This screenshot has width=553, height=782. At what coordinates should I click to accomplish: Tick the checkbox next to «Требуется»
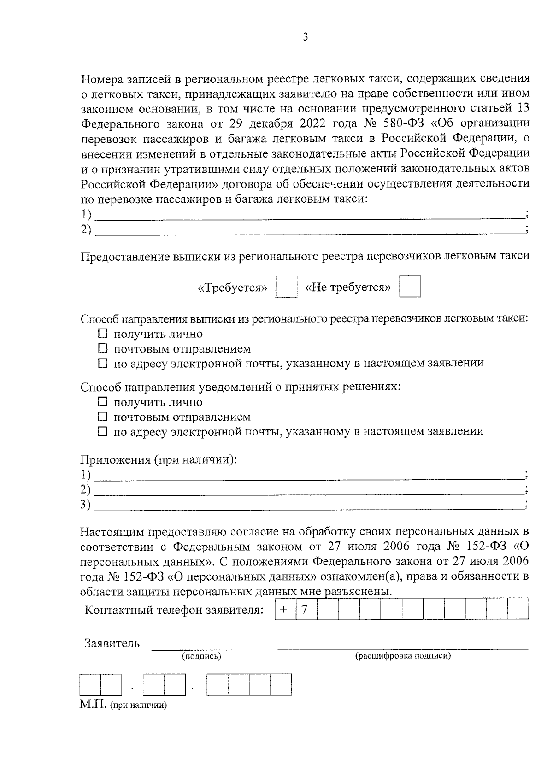click(286, 288)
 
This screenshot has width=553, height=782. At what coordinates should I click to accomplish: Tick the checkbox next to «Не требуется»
click(410, 287)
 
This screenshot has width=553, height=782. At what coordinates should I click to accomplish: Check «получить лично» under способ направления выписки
click(103, 334)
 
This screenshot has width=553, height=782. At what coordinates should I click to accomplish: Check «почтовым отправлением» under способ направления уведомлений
click(103, 417)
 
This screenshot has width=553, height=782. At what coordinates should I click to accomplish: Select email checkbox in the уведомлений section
click(103, 431)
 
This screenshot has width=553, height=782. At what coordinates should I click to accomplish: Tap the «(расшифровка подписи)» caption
click(402, 656)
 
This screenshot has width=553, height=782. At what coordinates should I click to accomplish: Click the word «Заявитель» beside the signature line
click(112, 643)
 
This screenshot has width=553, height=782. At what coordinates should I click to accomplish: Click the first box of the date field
click(90, 685)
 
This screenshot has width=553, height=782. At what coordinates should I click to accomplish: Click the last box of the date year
click(281, 685)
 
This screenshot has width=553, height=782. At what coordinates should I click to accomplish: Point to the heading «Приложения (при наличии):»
click(159, 459)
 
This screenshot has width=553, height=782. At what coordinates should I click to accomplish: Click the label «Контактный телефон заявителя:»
click(174, 610)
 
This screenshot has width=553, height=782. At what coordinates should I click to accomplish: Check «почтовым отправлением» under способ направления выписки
click(103, 348)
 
